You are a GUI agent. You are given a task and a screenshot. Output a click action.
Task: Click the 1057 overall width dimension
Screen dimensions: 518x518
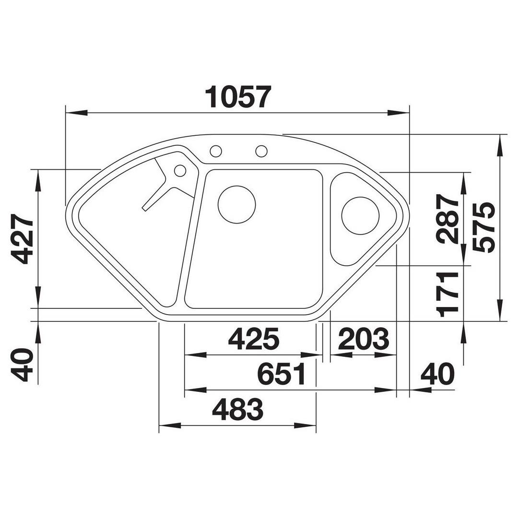click(238, 97)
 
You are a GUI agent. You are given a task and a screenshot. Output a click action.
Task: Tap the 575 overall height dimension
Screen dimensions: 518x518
click(484, 228)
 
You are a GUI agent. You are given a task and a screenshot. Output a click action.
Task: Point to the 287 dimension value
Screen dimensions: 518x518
click(447, 219)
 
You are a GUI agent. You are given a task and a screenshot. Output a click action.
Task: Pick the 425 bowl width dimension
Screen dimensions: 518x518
click(254, 339)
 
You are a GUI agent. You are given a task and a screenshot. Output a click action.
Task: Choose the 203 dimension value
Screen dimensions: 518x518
click(364, 339)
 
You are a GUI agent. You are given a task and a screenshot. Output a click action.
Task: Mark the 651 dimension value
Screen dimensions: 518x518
click(282, 374)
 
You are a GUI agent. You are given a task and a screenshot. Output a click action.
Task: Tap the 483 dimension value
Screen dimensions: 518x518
click(237, 409)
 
